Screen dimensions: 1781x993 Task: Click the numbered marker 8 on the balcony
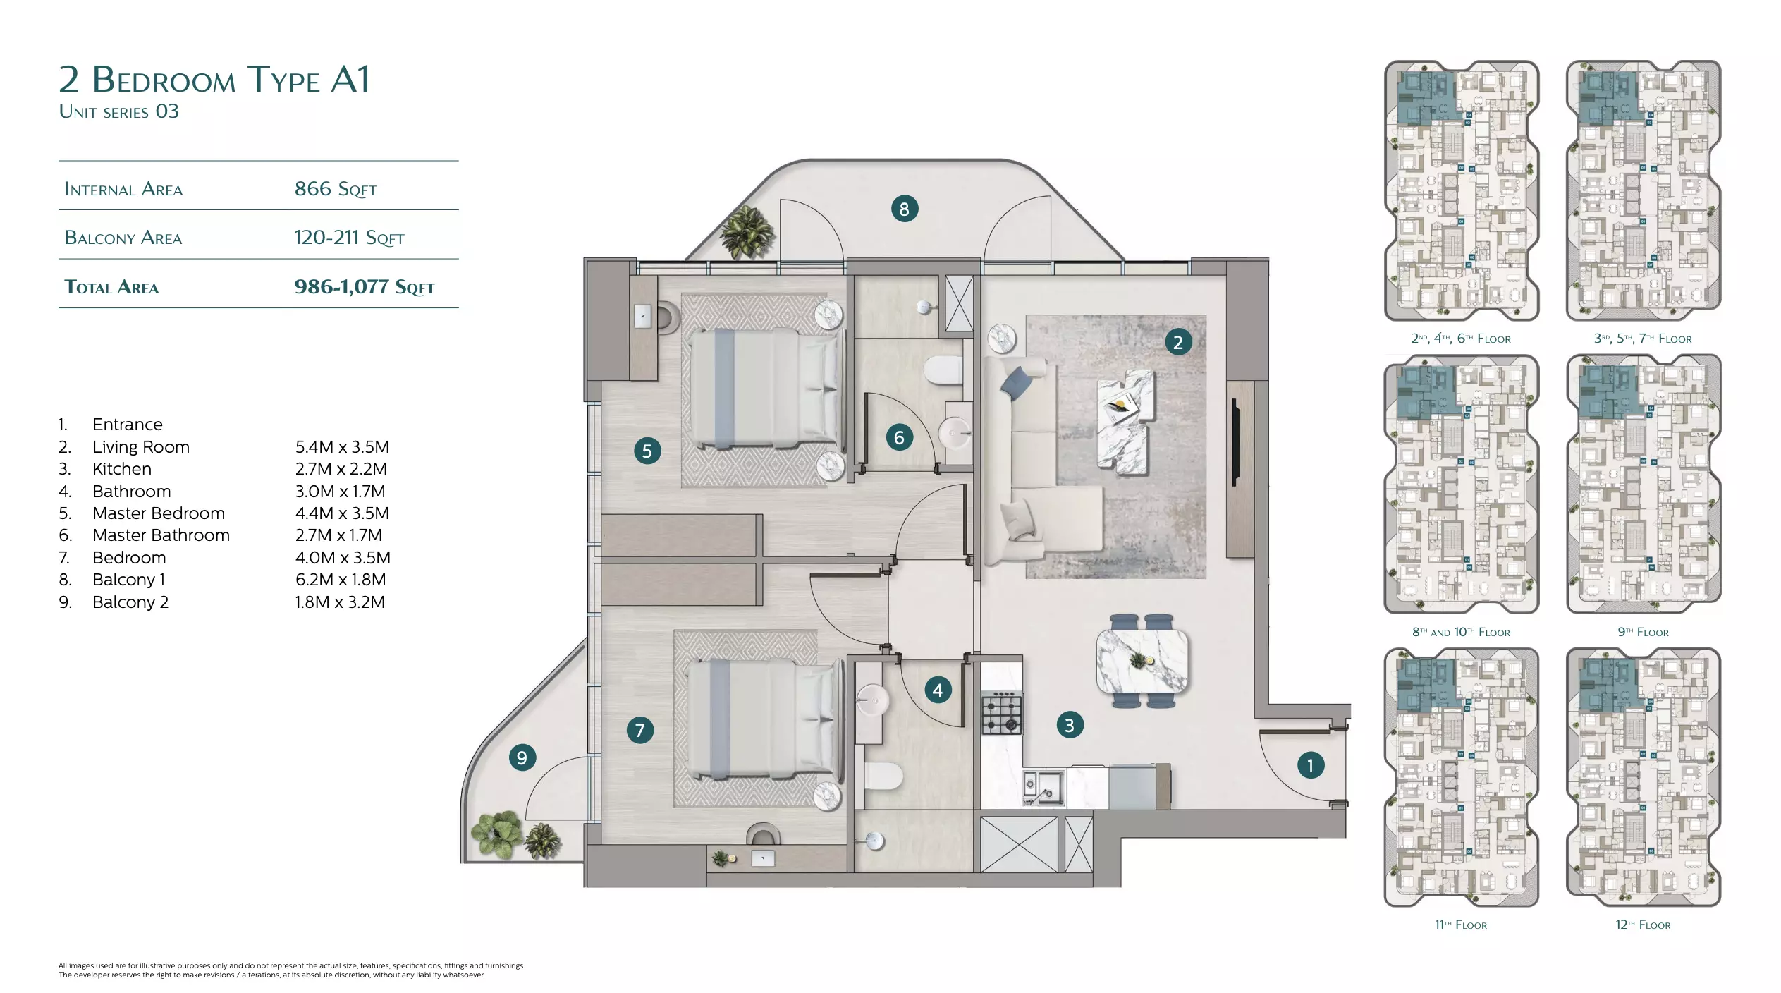click(x=904, y=209)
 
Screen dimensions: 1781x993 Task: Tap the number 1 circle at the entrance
click(x=1310, y=765)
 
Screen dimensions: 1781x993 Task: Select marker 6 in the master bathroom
click(x=899, y=437)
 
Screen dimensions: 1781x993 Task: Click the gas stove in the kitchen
click(x=1002, y=713)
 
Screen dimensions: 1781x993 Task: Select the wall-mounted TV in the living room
click(x=1235, y=442)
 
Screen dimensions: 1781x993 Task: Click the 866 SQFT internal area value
click(x=336, y=189)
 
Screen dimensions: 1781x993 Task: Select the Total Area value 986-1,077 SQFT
click(x=364, y=287)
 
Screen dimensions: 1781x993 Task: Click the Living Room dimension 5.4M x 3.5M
click(x=342, y=447)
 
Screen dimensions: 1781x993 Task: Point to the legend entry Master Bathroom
click(x=161, y=535)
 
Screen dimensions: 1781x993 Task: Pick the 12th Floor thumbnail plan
click(x=1644, y=777)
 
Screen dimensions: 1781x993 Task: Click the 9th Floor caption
click(x=1643, y=632)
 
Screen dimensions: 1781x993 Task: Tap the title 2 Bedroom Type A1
click(x=214, y=79)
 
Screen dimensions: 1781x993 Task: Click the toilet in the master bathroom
click(x=943, y=370)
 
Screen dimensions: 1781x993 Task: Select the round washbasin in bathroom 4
click(x=873, y=700)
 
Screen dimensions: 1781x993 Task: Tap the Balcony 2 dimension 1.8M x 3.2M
click(x=340, y=602)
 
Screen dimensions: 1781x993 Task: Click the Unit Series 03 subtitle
click(x=119, y=111)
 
